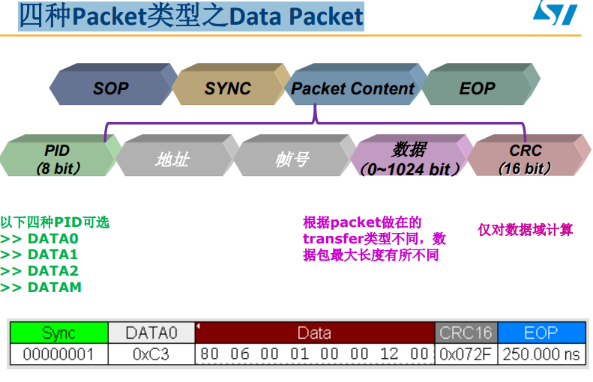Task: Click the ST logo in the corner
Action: [555, 13]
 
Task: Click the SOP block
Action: [111, 88]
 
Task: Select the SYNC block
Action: [227, 88]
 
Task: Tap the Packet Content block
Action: [352, 88]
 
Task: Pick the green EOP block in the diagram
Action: [478, 88]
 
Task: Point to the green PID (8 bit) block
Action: [57, 159]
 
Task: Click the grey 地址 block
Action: [172, 159]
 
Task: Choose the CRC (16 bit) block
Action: [525, 159]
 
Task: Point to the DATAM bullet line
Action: [40, 287]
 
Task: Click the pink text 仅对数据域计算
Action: [525, 230]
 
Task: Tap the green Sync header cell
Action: [58, 333]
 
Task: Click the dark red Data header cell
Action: [314, 333]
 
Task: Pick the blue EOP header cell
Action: [541, 333]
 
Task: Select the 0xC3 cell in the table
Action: [151, 354]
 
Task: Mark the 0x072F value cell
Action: [466, 354]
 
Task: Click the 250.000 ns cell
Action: [541, 354]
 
